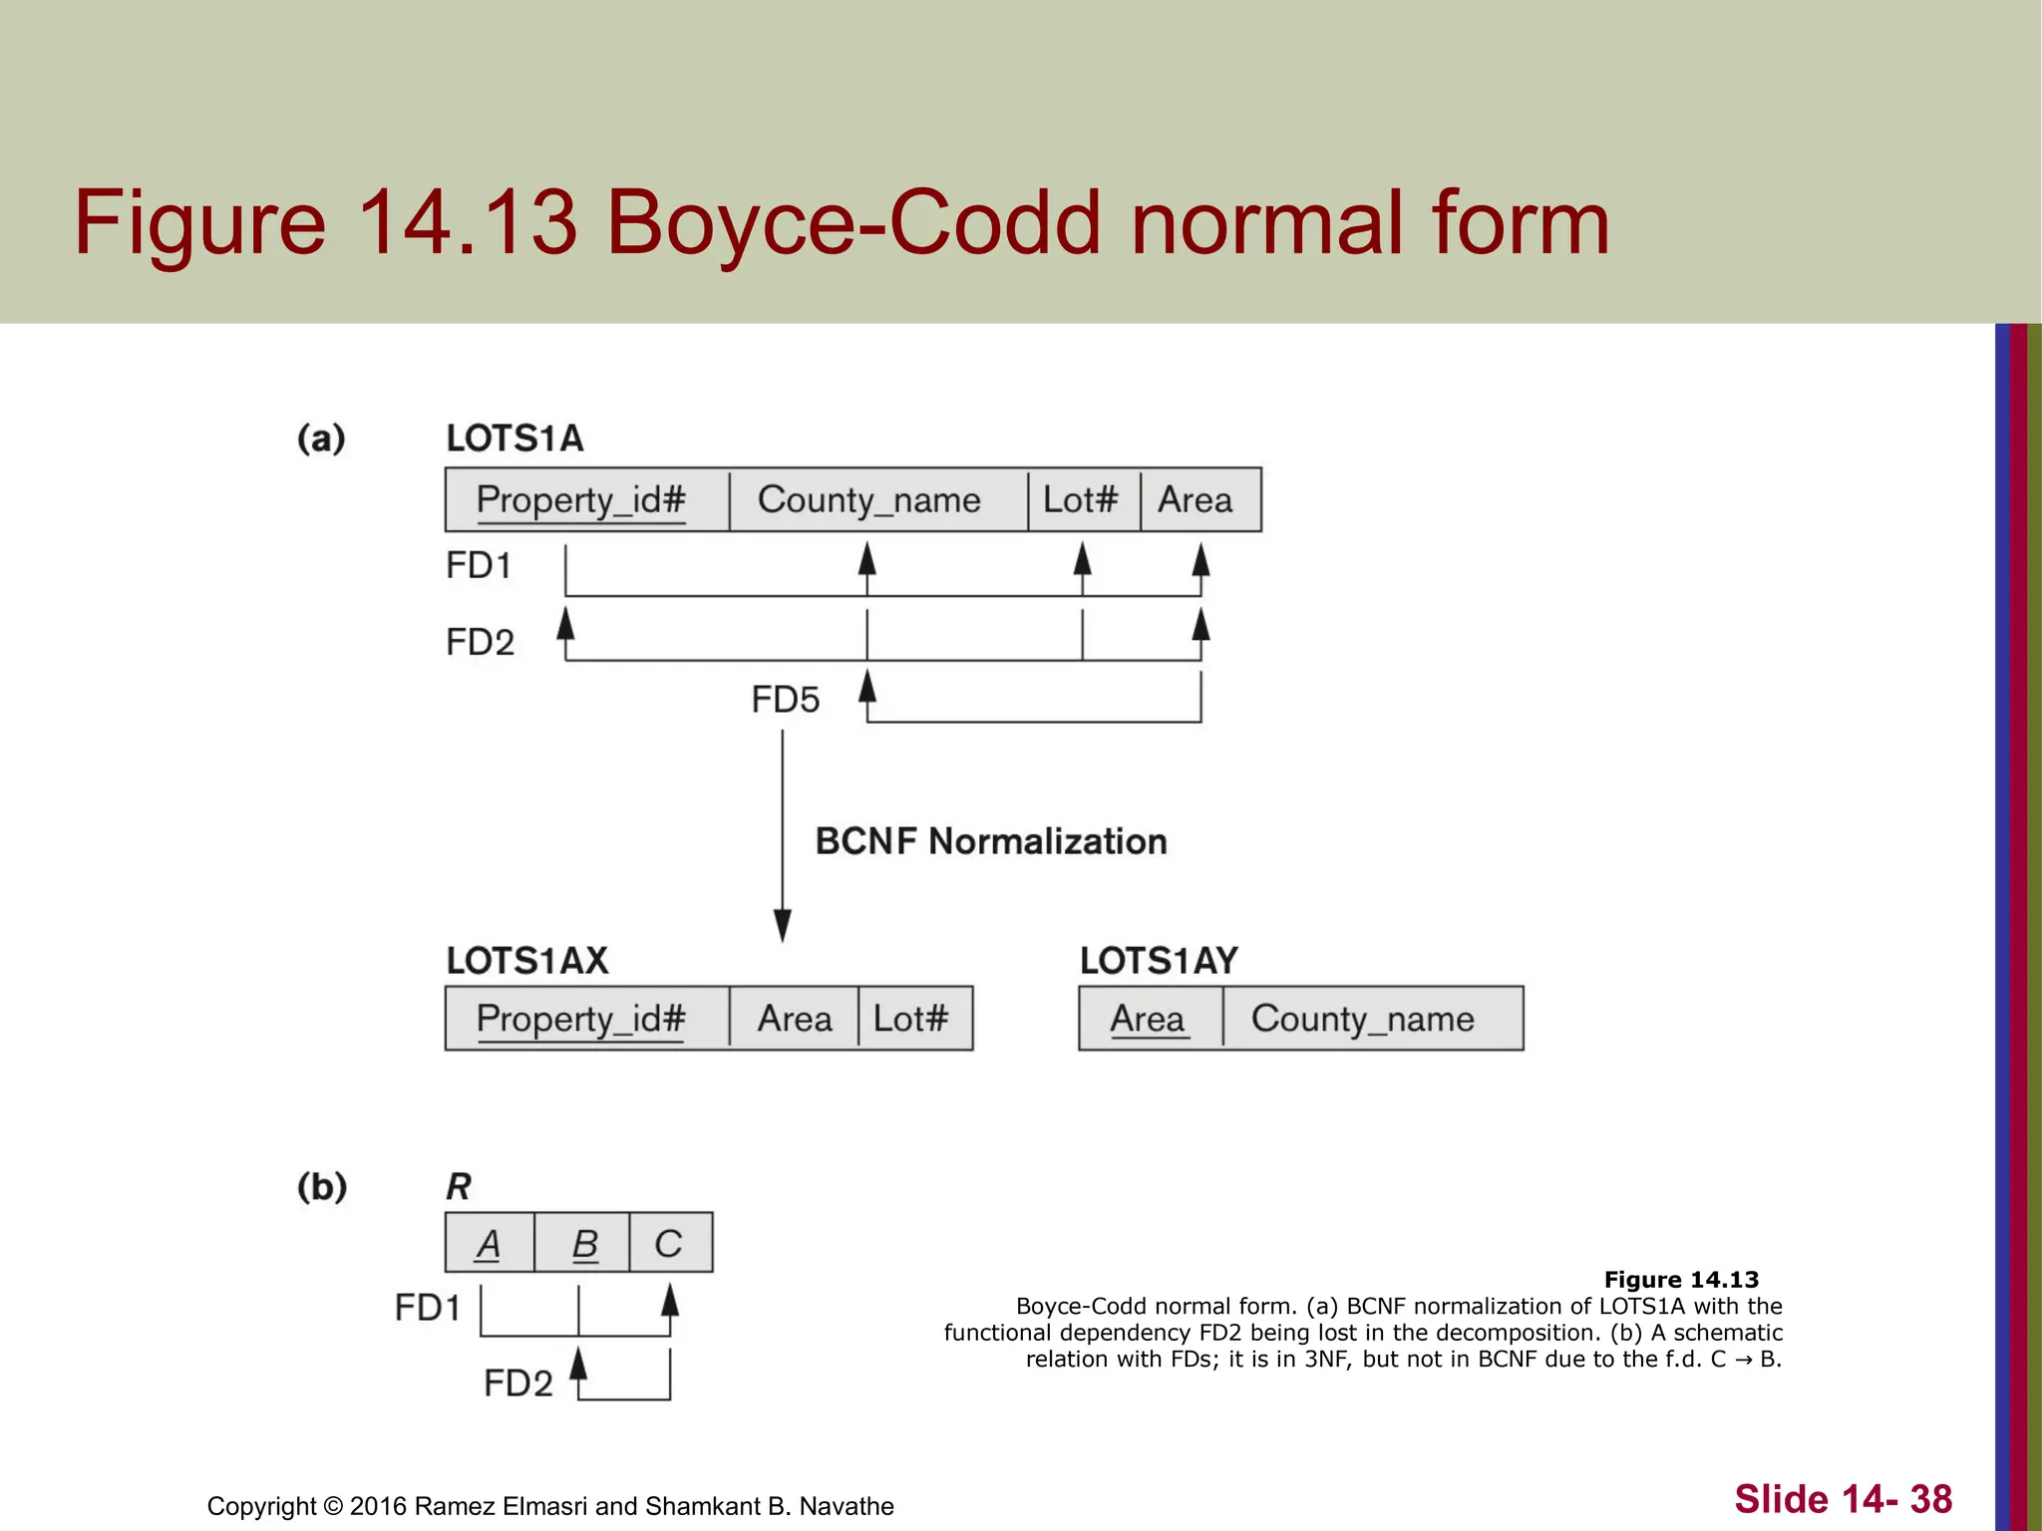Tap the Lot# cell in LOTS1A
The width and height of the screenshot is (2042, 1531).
tap(1083, 499)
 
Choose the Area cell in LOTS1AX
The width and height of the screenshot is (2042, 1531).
tap(794, 1019)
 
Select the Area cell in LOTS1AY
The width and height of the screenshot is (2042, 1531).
tap(1150, 1019)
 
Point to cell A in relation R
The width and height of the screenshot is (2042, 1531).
tap(489, 1243)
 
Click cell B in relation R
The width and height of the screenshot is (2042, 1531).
tap(582, 1243)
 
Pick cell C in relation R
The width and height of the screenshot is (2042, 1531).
tap(670, 1243)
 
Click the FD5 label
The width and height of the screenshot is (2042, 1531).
tap(786, 700)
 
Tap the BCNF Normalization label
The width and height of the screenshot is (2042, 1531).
tap(991, 842)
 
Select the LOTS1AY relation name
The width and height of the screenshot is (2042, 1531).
tap(1159, 961)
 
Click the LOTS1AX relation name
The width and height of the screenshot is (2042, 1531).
tap(527, 961)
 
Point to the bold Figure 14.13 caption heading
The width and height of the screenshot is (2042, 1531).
tap(1681, 1280)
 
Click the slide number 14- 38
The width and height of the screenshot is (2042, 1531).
tap(1843, 1499)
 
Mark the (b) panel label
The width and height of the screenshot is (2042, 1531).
tap(322, 1187)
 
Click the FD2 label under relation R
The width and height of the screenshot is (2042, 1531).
tap(517, 1383)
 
